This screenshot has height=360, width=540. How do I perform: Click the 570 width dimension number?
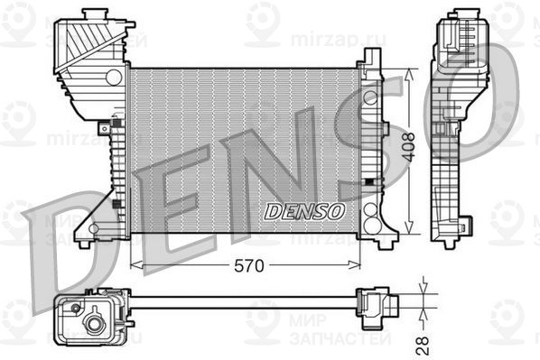[248, 265]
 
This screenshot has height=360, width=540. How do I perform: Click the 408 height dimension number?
[409, 148]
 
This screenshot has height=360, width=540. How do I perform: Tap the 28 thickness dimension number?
[423, 346]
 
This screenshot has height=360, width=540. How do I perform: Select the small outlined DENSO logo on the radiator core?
[304, 211]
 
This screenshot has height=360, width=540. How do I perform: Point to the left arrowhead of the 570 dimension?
[136, 265]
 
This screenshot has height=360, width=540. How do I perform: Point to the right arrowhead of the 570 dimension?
[354, 265]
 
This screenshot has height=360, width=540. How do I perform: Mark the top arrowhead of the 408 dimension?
[409, 75]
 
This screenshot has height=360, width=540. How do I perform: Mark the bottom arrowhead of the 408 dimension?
[409, 227]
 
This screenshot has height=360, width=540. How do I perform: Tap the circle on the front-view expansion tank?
[114, 78]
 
